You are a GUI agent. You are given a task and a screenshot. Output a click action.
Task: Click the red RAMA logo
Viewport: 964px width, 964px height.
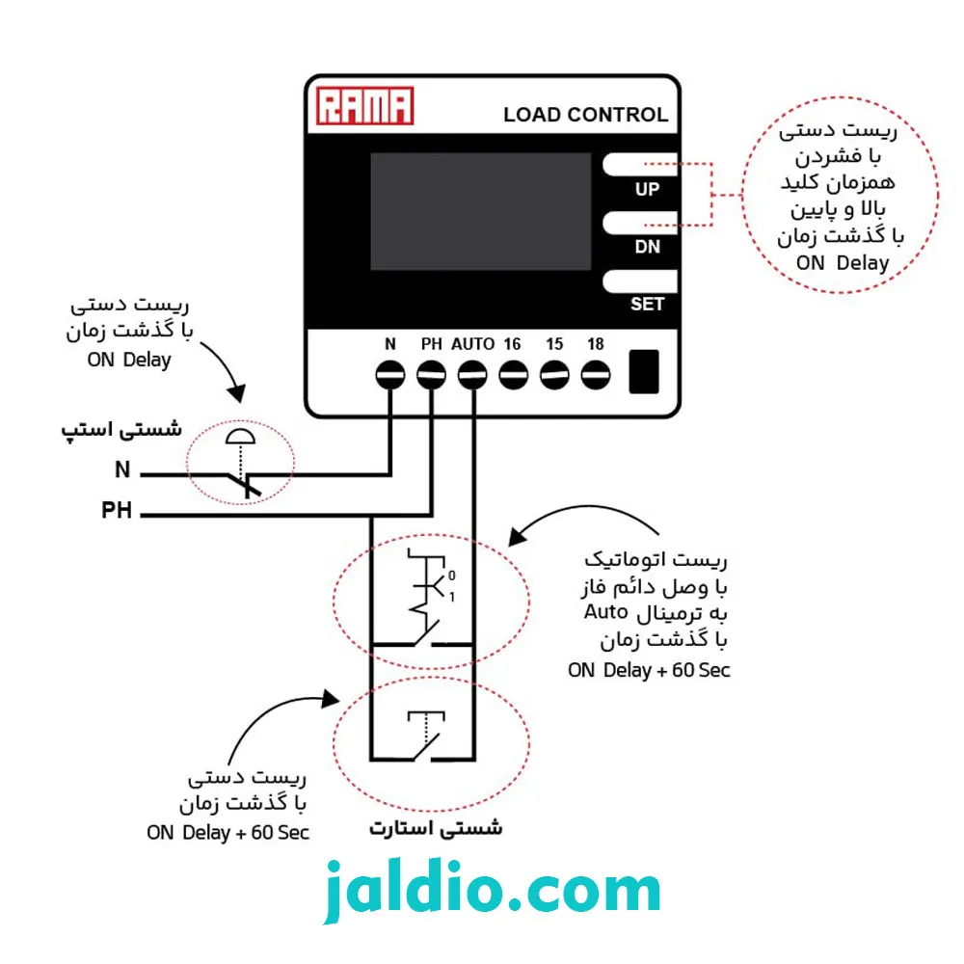(x=364, y=106)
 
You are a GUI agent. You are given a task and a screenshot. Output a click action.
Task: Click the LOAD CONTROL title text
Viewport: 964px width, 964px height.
(x=585, y=115)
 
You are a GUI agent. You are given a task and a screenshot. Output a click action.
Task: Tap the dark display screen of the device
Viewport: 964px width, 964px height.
(x=480, y=211)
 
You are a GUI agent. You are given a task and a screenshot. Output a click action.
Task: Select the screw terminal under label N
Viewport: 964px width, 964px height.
(x=390, y=374)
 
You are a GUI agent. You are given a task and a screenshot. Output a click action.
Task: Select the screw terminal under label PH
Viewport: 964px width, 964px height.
(x=431, y=374)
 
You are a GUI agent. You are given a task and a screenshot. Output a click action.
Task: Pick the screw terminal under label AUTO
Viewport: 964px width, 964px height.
(x=472, y=374)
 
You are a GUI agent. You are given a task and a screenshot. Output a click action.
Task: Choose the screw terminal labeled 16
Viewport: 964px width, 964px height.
(x=514, y=374)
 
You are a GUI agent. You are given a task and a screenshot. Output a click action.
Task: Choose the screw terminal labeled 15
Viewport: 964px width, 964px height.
(x=554, y=374)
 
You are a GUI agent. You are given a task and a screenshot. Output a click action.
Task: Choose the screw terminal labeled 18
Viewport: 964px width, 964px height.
(x=596, y=374)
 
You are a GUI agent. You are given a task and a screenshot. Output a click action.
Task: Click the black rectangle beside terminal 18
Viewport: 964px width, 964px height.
(x=644, y=371)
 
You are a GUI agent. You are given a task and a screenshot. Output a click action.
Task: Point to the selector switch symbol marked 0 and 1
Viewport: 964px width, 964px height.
(x=430, y=598)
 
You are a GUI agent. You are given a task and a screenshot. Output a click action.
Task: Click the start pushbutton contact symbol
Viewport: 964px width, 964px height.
(x=426, y=736)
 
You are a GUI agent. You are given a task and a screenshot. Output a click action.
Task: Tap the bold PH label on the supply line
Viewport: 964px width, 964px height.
(x=117, y=510)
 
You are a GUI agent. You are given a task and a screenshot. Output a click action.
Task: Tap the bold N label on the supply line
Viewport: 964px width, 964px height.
(x=123, y=469)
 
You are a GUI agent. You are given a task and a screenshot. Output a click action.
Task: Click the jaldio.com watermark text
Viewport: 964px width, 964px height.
(x=492, y=890)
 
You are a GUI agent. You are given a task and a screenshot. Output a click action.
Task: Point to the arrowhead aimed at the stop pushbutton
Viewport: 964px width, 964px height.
(x=237, y=393)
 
